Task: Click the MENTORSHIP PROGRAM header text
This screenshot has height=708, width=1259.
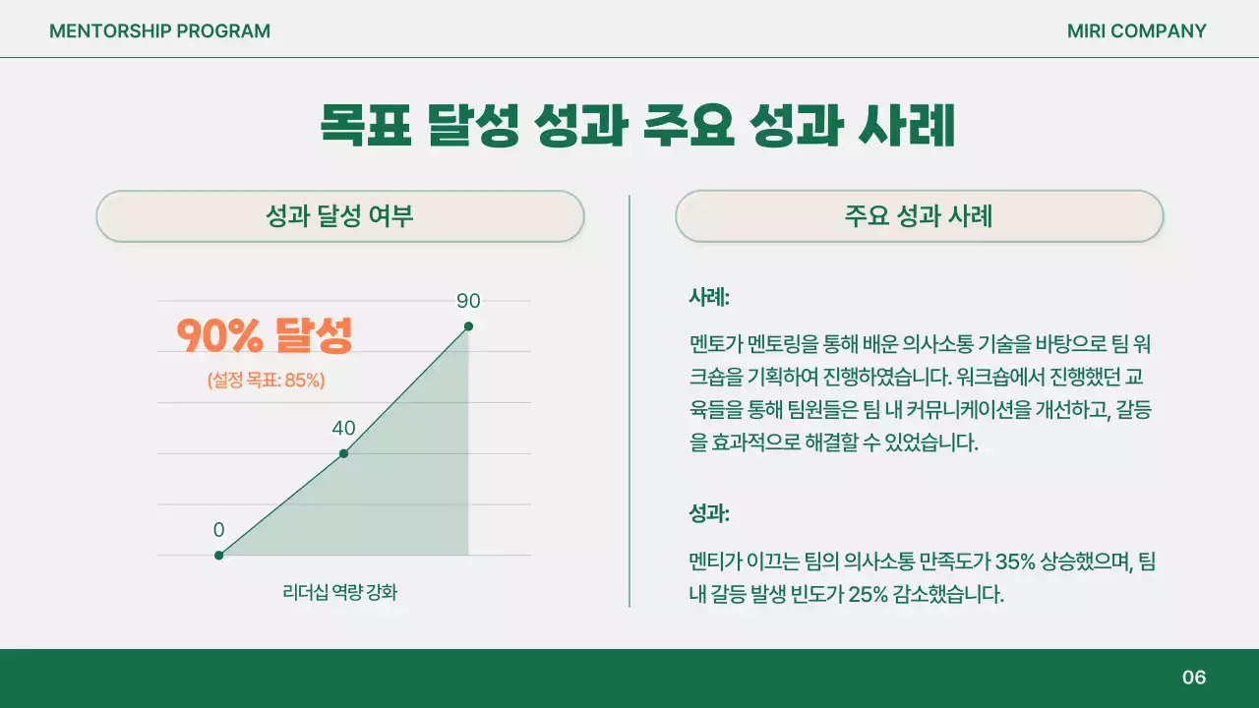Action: pyautogui.click(x=159, y=31)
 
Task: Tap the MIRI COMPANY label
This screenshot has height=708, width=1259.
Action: pyautogui.click(x=1136, y=31)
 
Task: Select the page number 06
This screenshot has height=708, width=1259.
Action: pyautogui.click(x=1193, y=678)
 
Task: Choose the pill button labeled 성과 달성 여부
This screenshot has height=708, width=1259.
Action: pyautogui.click(x=340, y=216)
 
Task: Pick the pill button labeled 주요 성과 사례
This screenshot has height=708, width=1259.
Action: pyautogui.click(x=919, y=216)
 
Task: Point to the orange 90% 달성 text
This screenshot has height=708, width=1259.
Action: pyautogui.click(x=264, y=336)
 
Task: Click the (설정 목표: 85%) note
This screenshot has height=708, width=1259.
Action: pyautogui.click(x=266, y=381)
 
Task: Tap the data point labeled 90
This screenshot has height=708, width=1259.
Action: pyautogui.click(x=468, y=326)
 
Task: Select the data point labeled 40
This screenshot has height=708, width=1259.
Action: pyautogui.click(x=343, y=453)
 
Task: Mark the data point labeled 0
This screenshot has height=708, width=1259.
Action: pyautogui.click(x=219, y=556)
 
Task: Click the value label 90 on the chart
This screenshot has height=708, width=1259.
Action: pyautogui.click(x=468, y=301)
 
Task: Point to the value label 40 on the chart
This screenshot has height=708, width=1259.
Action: pyautogui.click(x=343, y=428)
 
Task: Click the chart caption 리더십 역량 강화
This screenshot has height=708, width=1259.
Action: pyautogui.click(x=340, y=592)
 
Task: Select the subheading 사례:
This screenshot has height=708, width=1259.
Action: pyautogui.click(x=709, y=296)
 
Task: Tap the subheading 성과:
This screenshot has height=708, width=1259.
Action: pyautogui.click(x=709, y=513)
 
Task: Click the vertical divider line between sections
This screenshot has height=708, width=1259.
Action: pyautogui.click(x=629, y=401)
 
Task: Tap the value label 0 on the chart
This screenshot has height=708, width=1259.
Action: pyautogui.click(x=218, y=530)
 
